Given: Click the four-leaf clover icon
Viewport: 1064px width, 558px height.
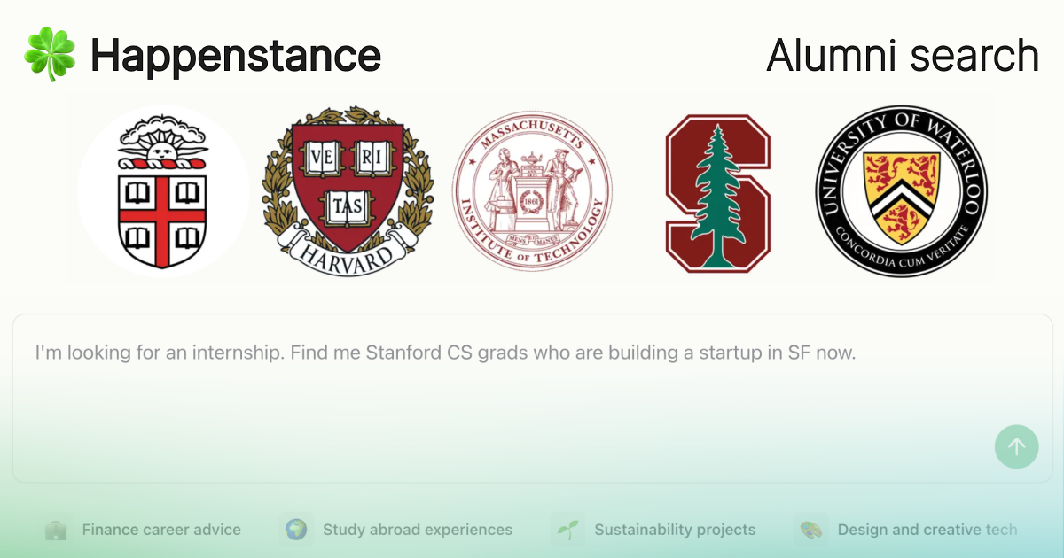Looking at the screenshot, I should click(x=50, y=54).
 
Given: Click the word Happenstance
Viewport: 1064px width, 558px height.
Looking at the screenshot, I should click(x=236, y=55).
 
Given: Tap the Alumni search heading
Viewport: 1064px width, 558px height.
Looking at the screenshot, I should click(x=903, y=55).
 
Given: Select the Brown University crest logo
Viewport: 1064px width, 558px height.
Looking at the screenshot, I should click(x=162, y=192).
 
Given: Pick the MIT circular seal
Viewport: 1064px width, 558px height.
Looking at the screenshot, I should click(x=532, y=191).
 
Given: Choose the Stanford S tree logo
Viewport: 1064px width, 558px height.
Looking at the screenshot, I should click(x=717, y=192).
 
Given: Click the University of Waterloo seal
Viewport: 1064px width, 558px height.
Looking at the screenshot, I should click(x=901, y=191).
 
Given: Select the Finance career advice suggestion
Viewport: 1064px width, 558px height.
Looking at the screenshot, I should click(x=160, y=530).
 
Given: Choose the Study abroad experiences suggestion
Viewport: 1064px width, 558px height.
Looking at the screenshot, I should click(x=417, y=530).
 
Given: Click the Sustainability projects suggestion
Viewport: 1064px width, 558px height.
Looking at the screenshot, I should click(x=675, y=530).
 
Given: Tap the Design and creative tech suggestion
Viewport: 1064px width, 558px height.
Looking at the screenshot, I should click(x=927, y=530).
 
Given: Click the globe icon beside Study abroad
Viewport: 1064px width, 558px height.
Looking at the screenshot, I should click(x=296, y=530).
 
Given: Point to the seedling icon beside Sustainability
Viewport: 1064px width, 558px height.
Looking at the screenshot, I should click(x=567, y=530).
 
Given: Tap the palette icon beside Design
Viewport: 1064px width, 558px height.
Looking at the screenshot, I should click(x=810, y=530).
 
